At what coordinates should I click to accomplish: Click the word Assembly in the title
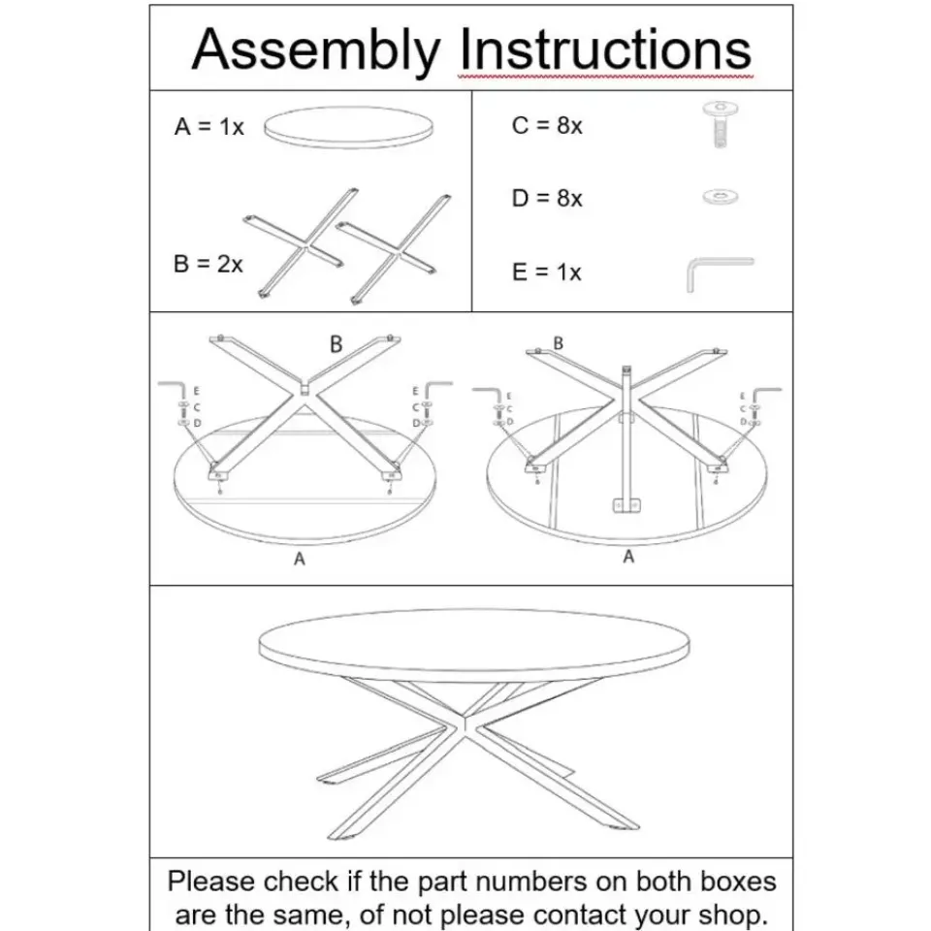[316, 51]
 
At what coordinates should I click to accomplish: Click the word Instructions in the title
[605, 49]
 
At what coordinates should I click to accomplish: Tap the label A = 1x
[209, 126]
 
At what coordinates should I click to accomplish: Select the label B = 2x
[208, 264]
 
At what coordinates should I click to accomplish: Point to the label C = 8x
[547, 125]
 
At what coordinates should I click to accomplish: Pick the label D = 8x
[547, 198]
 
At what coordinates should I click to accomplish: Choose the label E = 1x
[546, 272]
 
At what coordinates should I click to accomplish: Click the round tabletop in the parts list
[348, 127]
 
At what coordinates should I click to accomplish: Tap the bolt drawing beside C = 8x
[721, 123]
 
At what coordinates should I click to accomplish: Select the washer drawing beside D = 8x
[721, 197]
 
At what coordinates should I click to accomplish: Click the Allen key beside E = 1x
[720, 274]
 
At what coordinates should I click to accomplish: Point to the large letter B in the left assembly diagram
[337, 344]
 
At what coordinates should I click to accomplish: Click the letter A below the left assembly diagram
[300, 559]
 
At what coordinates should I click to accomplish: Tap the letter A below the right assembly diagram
[628, 557]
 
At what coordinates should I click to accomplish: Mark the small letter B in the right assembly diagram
[559, 343]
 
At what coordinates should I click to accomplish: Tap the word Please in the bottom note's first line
[210, 882]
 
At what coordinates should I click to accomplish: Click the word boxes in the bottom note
[739, 882]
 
